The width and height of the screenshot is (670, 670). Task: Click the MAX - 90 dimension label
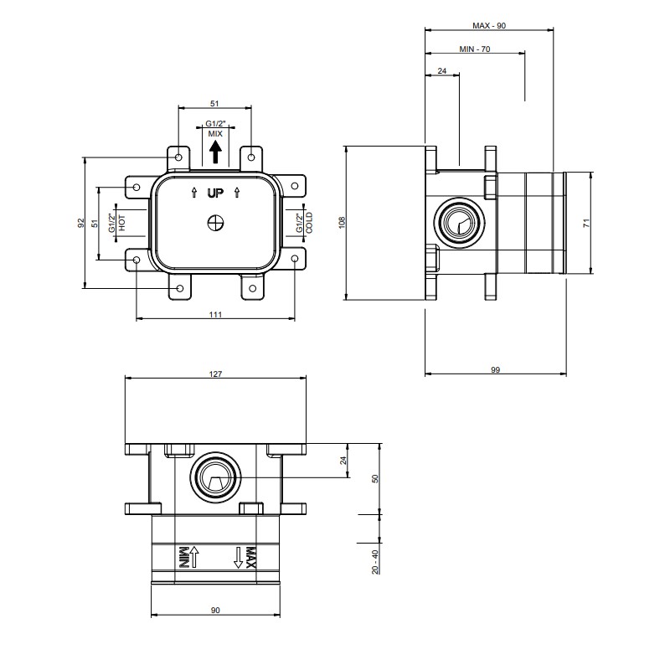tap(489, 26)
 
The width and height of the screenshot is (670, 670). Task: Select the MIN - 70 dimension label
tap(475, 49)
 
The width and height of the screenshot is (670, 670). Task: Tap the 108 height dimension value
tap(342, 223)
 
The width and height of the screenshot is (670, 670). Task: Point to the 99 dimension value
tap(495, 369)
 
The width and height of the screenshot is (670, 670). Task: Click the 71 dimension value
tap(587, 223)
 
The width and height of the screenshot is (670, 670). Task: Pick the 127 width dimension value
tap(215, 374)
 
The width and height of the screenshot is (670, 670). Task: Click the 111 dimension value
tap(215, 315)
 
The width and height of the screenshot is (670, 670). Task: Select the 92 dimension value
tap(81, 223)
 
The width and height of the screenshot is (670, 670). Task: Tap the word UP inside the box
tap(215, 193)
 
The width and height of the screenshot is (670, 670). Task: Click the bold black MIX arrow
tap(215, 152)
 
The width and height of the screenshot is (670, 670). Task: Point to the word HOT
tap(122, 223)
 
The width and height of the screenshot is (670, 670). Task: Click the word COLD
tap(309, 223)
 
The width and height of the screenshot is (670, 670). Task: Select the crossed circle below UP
tap(215, 223)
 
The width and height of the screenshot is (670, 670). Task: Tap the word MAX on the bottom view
tap(250, 558)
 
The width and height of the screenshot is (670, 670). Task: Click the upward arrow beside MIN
tap(194, 557)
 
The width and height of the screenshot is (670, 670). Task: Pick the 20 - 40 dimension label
tap(375, 562)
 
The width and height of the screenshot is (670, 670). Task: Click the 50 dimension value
tap(375, 478)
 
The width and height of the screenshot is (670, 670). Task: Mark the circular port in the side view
tap(459, 223)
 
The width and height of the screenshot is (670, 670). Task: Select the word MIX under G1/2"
tap(215, 134)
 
